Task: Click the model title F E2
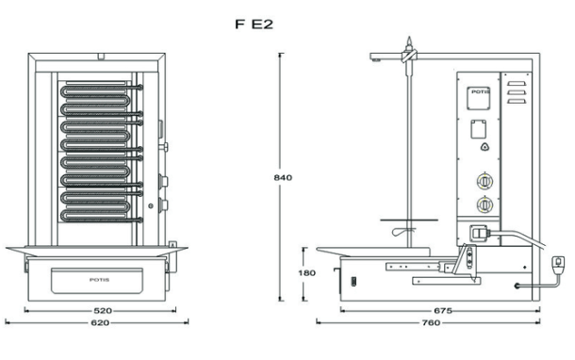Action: coord(254,25)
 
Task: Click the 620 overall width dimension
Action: coord(101,322)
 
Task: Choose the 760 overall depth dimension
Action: coord(430,322)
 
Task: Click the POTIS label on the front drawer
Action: coord(101,280)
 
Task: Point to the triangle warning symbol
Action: coord(485,146)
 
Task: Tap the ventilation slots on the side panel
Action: coord(515,94)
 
